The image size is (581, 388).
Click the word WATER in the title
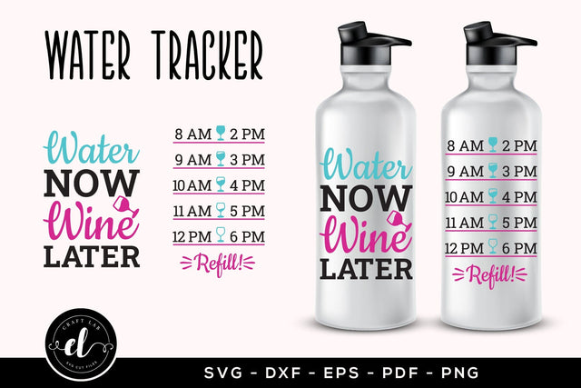88,56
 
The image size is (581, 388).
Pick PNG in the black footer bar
461,373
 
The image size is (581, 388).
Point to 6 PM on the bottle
520,248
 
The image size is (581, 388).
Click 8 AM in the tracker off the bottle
192,134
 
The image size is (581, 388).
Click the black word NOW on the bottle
365,200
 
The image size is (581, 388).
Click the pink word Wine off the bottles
88,222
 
